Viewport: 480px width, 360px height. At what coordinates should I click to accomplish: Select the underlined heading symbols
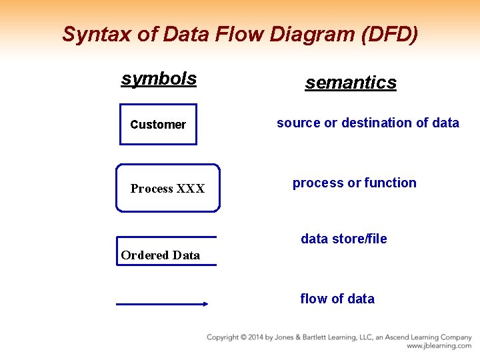click(159, 79)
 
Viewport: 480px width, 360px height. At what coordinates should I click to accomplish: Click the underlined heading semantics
click(351, 83)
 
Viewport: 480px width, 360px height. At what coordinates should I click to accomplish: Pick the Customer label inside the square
click(158, 125)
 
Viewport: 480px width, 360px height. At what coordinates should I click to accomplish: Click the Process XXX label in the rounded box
click(167, 189)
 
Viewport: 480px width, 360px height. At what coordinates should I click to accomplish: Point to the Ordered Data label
click(160, 255)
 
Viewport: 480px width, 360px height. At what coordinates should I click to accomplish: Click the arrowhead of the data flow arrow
click(204, 304)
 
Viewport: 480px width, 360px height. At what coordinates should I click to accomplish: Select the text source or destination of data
click(367, 123)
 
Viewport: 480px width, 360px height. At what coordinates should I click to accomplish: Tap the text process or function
click(354, 183)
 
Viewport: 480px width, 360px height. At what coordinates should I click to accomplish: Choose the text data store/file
click(343, 239)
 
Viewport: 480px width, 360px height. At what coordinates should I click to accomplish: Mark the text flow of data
click(337, 299)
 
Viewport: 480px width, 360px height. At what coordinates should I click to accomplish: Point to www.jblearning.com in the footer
click(439, 346)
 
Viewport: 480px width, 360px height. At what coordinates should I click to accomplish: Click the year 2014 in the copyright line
click(255, 337)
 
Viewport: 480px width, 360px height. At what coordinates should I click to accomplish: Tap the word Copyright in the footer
click(224, 337)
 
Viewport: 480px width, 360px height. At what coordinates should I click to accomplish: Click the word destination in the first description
click(377, 123)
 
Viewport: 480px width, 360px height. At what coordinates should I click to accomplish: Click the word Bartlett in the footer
click(315, 337)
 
